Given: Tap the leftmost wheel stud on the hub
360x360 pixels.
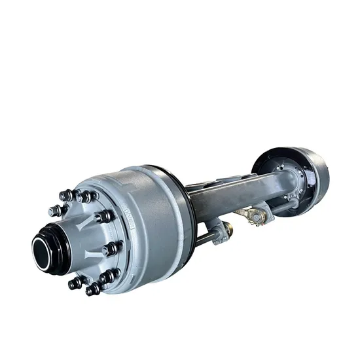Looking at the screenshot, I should (54, 211).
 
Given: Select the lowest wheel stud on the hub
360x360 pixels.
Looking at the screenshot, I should (92, 288).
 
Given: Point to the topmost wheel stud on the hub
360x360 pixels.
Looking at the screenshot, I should (65, 194).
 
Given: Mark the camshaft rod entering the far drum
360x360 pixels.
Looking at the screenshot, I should (281, 207).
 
